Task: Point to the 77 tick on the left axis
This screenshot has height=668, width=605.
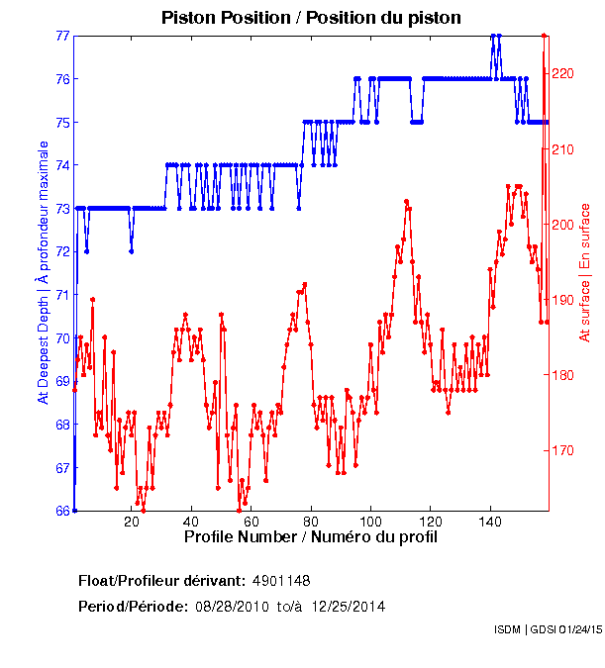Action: (62, 36)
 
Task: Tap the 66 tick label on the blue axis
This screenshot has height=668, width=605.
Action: (62, 511)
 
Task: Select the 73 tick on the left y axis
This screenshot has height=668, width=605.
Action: (62, 209)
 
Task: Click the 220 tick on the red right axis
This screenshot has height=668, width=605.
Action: (562, 73)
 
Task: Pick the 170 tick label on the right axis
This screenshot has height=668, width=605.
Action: (562, 450)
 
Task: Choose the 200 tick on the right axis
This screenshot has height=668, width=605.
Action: (562, 225)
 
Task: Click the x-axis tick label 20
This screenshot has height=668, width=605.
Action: (133, 522)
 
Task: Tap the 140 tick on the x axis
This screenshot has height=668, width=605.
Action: (490, 522)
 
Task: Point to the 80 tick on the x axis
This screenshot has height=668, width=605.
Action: (312, 522)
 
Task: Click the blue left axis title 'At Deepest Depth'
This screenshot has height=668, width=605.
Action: (43, 272)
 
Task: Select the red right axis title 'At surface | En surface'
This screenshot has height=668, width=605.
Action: (585, 272)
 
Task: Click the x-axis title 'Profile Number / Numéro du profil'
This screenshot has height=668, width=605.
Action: (311, 536)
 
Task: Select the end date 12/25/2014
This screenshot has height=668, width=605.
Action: (349, 606)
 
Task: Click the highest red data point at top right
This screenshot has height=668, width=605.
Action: (544, 36)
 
